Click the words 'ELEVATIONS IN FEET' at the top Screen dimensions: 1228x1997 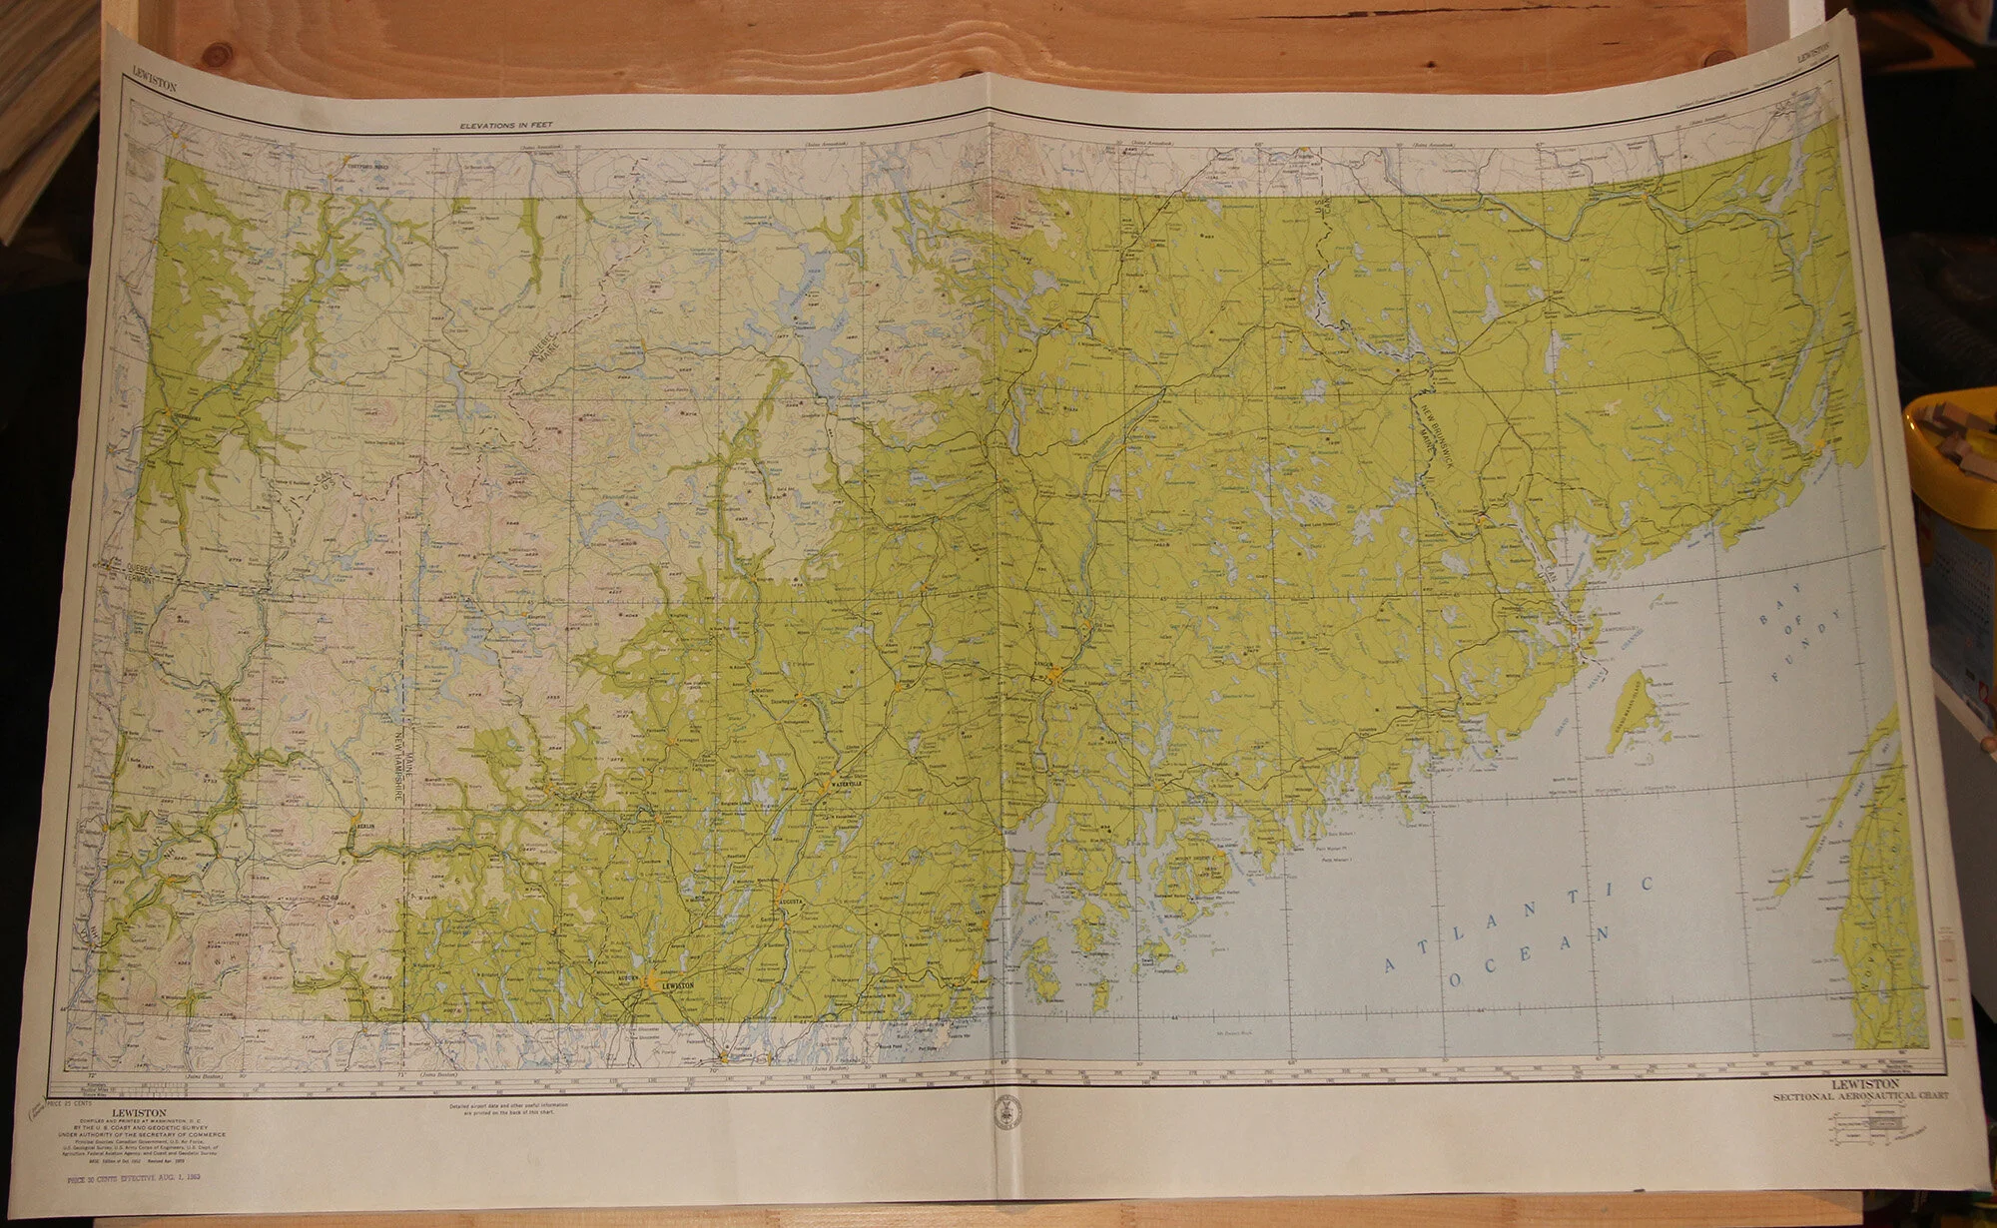click(x=505, y=125)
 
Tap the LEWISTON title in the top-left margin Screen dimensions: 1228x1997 click(x=154, y=85)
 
